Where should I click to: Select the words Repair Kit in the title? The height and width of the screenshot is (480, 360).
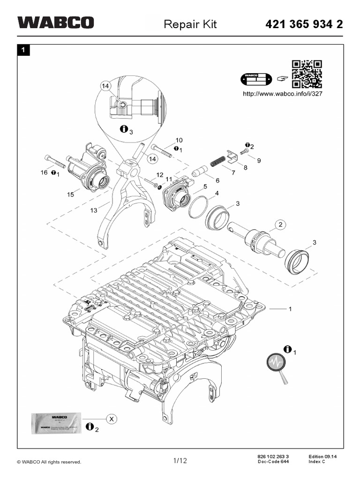[190, 24]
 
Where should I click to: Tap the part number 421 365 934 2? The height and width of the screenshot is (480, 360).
[305, 24]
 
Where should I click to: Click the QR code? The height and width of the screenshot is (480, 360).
[307, 74]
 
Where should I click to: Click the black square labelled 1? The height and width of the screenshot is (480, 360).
[22, 50]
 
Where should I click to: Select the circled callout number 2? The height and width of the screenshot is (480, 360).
[280, 225]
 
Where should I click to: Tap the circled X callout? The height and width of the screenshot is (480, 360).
[112, 419]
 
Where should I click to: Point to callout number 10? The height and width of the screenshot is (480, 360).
[179, 140]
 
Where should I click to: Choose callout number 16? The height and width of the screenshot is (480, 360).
[44, 173]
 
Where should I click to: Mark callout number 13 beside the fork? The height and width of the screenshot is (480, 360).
[94, 210]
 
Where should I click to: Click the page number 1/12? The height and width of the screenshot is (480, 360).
[180, 461]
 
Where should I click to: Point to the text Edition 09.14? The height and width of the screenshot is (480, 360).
[324, 456]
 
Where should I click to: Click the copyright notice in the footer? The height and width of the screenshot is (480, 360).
[49, 462]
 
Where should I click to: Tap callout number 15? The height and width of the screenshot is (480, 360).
[70, 195]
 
